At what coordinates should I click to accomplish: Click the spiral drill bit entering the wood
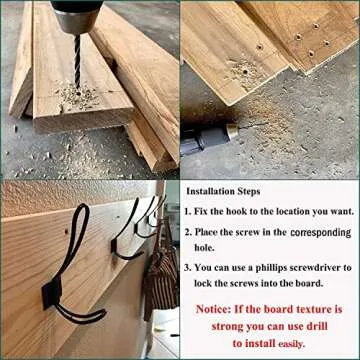click(77, 63)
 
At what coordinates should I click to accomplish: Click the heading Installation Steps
click(223, 191)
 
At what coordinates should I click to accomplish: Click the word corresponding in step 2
click(321, 232)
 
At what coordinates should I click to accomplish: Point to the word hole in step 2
click(205, 248)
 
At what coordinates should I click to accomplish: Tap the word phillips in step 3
click(271, 268)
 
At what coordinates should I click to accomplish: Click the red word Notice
click(213, 309)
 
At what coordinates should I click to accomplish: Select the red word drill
click(317, 326)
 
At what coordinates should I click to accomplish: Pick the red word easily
click(291, 344)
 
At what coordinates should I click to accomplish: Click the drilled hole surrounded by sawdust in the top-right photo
click(245, 71)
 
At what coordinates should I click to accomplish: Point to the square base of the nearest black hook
click(52, 294)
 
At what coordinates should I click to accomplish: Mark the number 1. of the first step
click(188, 212)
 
